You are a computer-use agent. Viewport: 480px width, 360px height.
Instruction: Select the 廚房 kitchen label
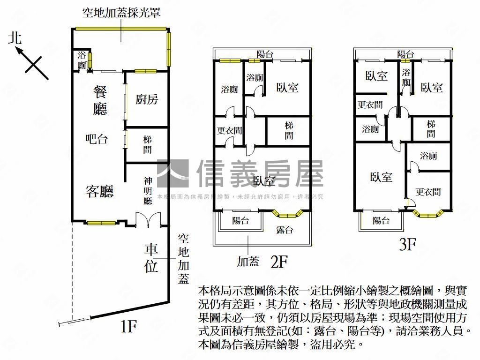(147, 99)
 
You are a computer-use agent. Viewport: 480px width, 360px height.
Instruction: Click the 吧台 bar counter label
(97, 139)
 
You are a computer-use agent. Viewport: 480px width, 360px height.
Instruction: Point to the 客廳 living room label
(100, 191)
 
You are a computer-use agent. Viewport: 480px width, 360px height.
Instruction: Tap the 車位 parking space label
(151, 257)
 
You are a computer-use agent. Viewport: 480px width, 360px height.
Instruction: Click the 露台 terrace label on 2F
(285, 230)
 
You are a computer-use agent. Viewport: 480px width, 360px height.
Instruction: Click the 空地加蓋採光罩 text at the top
(124, 13)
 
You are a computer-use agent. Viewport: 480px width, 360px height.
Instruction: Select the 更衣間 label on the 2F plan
(230, 131)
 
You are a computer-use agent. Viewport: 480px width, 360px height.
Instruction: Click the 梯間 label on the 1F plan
(148, 145)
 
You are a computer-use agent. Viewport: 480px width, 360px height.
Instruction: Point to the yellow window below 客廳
(101, 223)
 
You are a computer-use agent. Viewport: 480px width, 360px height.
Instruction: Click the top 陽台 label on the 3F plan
(405, 54)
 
